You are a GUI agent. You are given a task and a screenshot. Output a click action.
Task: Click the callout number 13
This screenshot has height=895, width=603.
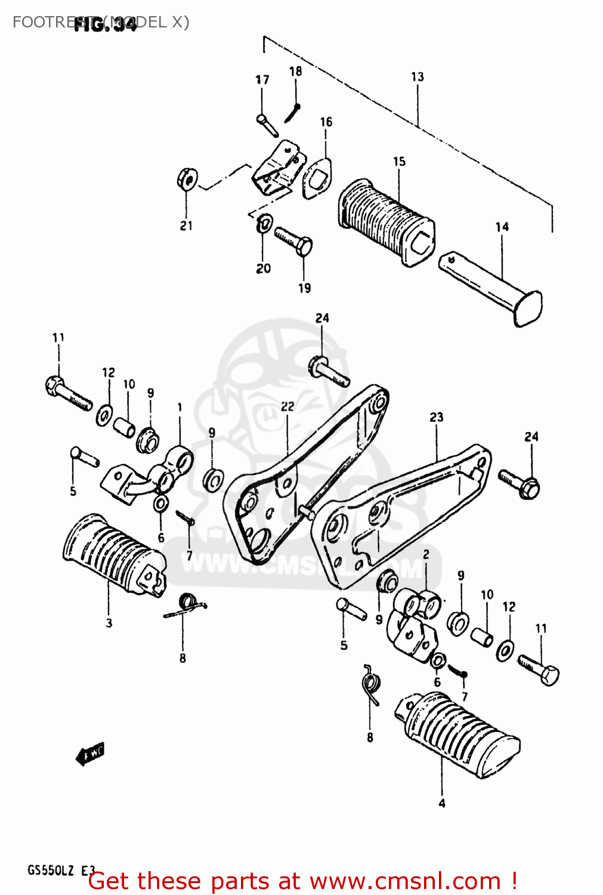tap(418, 77)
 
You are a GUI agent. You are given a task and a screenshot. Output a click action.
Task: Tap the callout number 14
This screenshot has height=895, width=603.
tap(502, 227)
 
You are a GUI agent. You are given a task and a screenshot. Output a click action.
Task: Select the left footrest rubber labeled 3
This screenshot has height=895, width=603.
tap(113, 554)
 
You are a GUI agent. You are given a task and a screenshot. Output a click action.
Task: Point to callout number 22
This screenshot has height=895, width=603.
tap(287, 406)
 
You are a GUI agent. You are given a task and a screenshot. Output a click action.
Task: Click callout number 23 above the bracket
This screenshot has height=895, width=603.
tap(437, 417)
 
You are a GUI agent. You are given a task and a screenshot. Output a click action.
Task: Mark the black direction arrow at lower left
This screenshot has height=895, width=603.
tap(89, 755)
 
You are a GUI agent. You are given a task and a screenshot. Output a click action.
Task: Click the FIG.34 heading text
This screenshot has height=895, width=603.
tap(106, 25)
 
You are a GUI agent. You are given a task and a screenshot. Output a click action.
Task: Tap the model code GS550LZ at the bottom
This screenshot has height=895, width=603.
tap(51, 871)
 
